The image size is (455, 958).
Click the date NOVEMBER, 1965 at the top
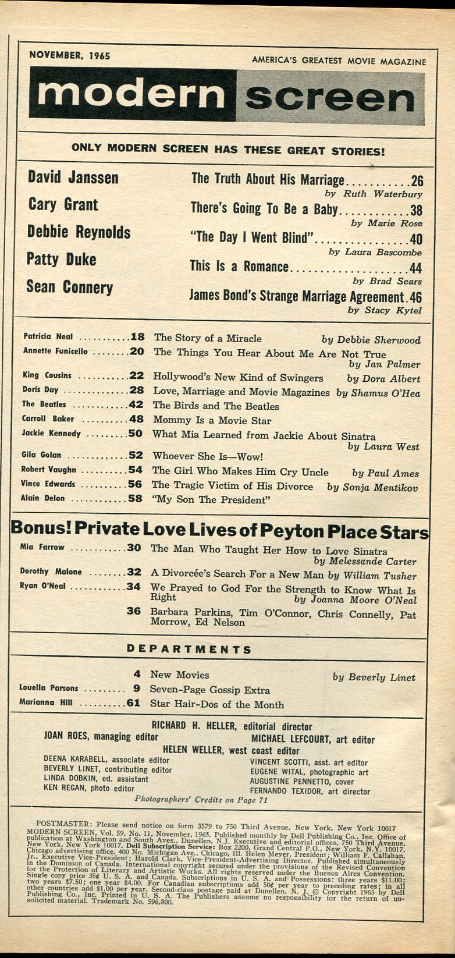click(69, 56)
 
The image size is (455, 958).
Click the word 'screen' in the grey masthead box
click(330, 98)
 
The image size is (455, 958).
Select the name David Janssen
click(73, 178)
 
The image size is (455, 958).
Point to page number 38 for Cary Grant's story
click(415, 210)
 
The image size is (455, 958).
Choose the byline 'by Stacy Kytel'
click(385, 310)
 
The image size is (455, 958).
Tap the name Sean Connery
click(69, 288)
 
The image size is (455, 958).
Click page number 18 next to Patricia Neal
click(137, 336)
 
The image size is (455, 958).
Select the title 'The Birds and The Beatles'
click(215, 406)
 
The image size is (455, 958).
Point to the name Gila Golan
click(41, 455)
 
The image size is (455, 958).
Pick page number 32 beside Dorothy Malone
click(134, 572)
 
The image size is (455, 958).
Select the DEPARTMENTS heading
click(189, 649)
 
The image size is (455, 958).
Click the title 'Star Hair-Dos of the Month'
click(216, 705)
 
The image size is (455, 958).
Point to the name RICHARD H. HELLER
click(194, 726)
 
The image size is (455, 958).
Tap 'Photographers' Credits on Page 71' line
click(201, 800)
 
